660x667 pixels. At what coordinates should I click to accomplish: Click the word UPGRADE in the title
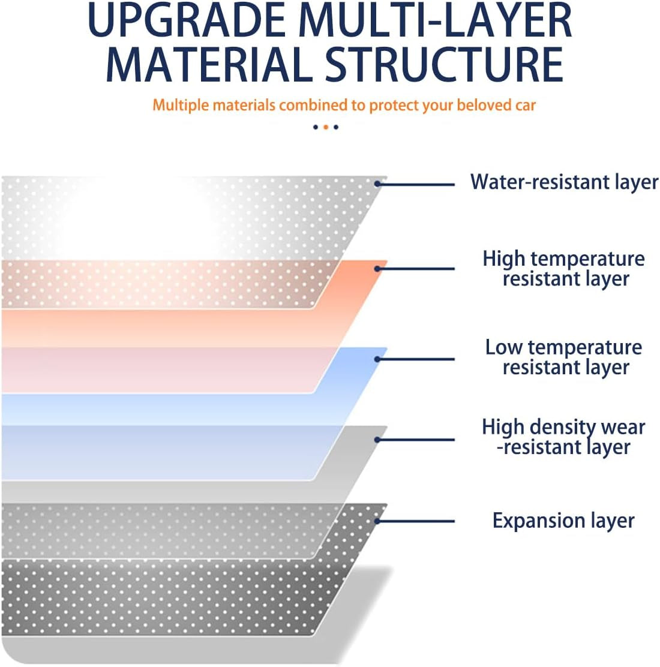[x=187, y=20]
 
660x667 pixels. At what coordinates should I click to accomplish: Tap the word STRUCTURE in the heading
[x=445, y=64]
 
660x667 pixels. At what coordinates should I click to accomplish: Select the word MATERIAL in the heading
[x=209, y=64]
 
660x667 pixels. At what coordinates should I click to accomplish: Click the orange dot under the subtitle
[x=326, y=127]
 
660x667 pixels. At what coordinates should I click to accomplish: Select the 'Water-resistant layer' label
[x=564, y=182]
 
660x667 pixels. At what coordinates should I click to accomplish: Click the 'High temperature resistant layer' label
[x=564, y=268]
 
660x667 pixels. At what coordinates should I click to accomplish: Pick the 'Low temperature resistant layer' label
[x=564, y=357]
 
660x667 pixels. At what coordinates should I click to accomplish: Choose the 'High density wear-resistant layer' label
[x=564, y=437]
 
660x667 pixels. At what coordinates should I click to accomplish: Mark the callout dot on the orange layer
[x=377, y=269]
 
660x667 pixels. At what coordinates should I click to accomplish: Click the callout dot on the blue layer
[x=377, y=359]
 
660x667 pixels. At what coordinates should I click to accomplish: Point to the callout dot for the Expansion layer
[x=377, y=521]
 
